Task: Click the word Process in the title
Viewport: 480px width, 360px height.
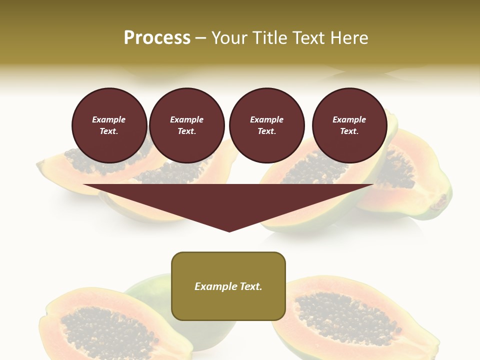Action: pos(157,38)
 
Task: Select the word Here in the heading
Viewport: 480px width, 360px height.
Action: pos(348,38)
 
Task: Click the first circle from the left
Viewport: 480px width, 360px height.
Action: pos(109,125)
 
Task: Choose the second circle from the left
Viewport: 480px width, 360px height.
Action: pos(186,125)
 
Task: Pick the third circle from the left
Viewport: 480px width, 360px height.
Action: pos(266,125)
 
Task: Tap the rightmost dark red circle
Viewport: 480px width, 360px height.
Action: pos(349,125)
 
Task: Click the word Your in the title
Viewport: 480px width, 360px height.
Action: pos(229,38)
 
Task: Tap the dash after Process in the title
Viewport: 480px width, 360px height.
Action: pos(200,38)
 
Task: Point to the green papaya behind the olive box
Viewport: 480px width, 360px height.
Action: pos(150,290)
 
